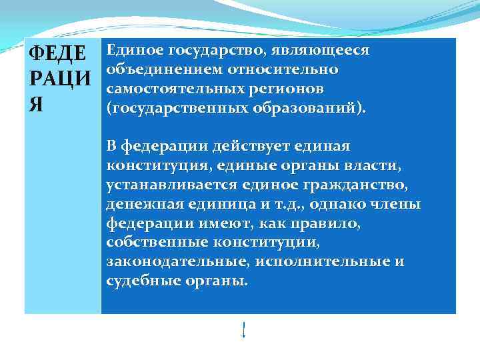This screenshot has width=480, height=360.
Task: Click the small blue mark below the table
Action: coord(244,329)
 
